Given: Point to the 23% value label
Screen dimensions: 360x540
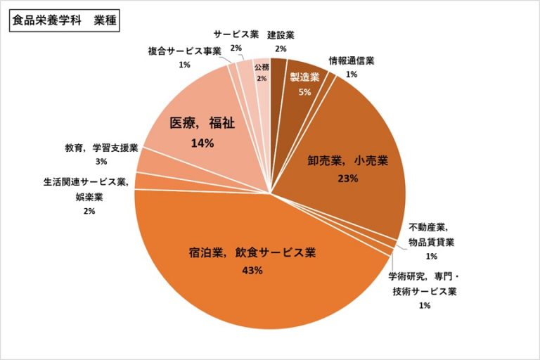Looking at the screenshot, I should pos(347,178).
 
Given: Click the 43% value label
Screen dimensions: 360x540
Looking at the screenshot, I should pos(252,271).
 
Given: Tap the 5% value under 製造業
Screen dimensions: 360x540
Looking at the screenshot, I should pos(304,93).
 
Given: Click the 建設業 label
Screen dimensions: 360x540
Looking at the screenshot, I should pos(281,34).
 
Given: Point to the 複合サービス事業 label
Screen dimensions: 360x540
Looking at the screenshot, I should pos(184,51).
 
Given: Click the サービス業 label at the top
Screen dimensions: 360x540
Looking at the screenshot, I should pos(236,34).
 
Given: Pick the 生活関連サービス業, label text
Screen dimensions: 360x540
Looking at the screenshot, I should pos(84,181).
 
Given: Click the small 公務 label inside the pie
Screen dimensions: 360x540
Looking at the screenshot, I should pos(262,67).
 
